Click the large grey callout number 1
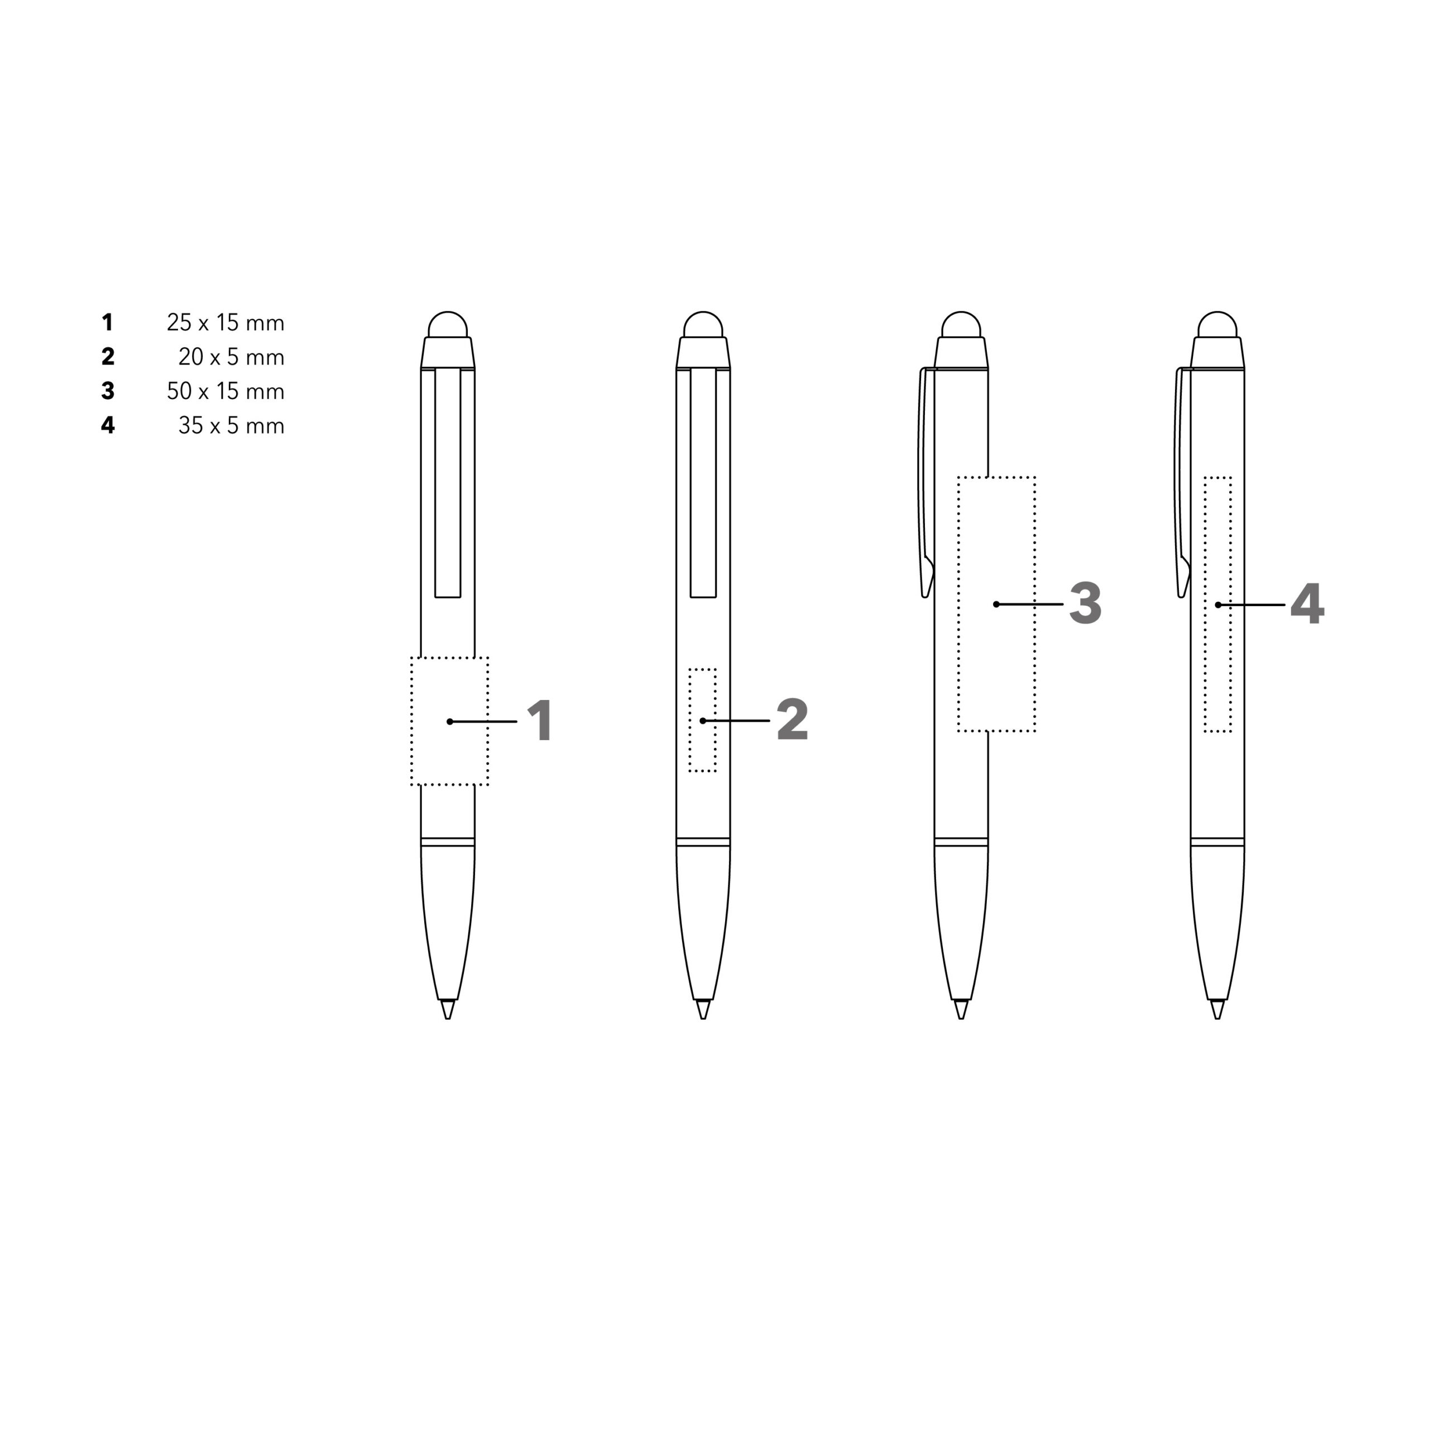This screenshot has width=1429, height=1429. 541,721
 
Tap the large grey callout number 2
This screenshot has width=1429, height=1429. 792,720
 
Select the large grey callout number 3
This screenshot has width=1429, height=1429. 1085,603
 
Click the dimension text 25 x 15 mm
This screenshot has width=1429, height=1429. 225,323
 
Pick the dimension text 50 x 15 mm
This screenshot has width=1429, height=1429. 225,391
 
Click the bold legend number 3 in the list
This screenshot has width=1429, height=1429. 108,391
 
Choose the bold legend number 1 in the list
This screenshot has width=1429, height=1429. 108,323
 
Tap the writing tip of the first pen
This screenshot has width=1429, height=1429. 448,1010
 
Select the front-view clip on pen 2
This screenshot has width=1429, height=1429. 703,481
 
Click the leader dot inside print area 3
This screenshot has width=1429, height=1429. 996,605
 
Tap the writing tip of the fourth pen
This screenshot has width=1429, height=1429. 1217,1010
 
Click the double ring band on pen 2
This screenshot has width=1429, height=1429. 703,842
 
